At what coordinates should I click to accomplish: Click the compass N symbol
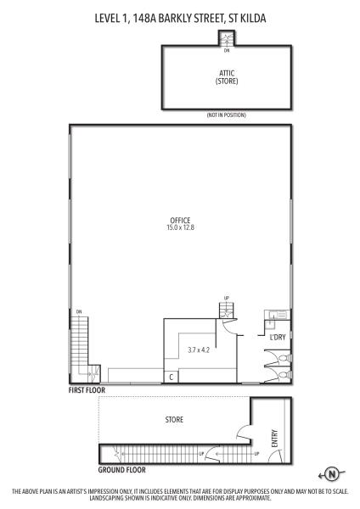[x=332, y=474]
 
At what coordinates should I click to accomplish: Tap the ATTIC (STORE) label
[x=227, y=77]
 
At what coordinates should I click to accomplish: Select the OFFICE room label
[x=180, y=221]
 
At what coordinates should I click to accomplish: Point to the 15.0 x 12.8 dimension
[x=180, y=227]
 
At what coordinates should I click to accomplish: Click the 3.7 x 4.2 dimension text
[x=199, y=350]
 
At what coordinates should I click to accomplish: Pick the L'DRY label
[x=278, y=338]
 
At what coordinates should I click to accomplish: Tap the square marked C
[x=172, y=377]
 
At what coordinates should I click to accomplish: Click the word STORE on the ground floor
[x=174, y=419]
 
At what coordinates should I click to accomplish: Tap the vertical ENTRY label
[x=274, y=439]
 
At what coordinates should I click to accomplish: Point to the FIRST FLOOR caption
[x=87, y=390]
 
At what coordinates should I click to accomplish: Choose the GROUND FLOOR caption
[x=122, y=470]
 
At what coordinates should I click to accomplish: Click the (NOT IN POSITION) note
[x=227, y=115]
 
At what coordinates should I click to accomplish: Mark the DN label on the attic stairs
[x=227, y=51]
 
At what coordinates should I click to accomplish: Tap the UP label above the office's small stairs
[x=227, y=298]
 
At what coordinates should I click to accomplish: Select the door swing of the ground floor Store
[x=243, y=433]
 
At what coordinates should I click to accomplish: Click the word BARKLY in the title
[x=175, y=18]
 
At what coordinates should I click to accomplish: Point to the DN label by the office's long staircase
[x=79, y=312]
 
